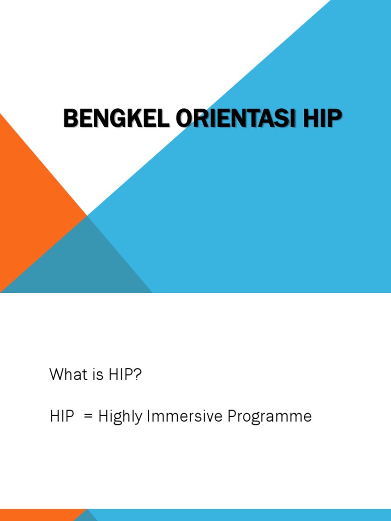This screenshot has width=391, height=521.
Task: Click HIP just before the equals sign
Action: click(x=61, y=417)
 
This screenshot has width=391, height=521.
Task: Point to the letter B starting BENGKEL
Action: click(x=70, y=119)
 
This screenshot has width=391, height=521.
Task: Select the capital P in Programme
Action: click(x=233, y=417)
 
